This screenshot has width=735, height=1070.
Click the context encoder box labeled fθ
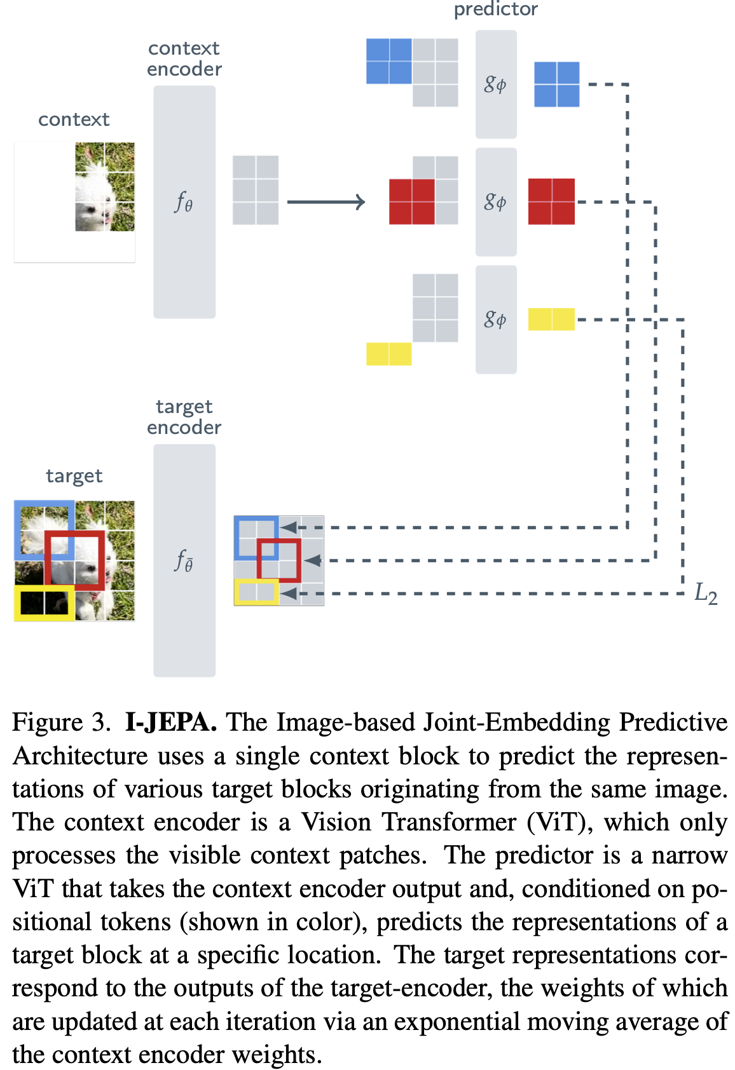[x=184, y=202]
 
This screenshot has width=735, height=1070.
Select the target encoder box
[x=184, y=560]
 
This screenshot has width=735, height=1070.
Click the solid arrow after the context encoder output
[x=326, y=202]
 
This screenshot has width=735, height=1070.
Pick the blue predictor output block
[x=556, y=84]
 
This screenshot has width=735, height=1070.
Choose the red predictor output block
[x=551, y=201]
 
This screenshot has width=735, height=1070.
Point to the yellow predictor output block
[x=551, y=319]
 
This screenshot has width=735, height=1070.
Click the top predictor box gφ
[x=496, y=84]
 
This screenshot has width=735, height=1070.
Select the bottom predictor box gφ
[x=496, y=319]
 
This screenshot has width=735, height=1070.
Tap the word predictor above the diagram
[x=495, y=9]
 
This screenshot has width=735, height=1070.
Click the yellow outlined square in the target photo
[x=44, y=603]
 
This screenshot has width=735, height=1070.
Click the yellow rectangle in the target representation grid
[x=256, y=592]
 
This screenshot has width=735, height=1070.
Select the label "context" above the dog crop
[x=74, y=119]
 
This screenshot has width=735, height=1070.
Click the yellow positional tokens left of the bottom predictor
[x=388, y=354]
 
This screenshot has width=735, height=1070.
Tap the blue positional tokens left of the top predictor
[x=388, y=61]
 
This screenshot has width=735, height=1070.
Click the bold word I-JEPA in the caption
[x=171, y=722]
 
